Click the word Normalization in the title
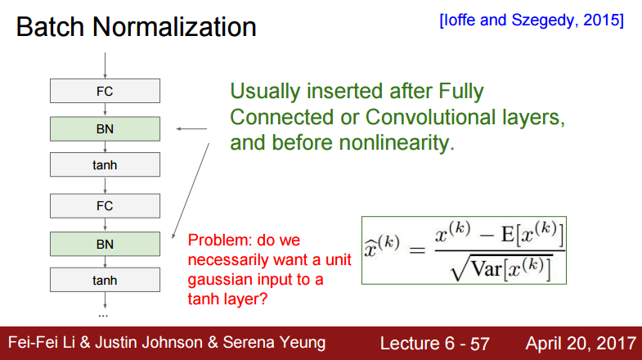(x=174, y=27)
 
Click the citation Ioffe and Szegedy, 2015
(x=532, y=20)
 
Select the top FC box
(x=105, y=91)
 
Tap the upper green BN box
(x=105, y=129)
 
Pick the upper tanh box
(x=105, y=164)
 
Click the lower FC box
(x=105, y=205)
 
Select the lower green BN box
(x=105, y=244)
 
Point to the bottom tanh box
(x=105, y=280)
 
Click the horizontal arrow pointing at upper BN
(x=191, y=129)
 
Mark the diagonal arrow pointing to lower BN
(x=191, y=191)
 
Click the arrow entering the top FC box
(x=106, y=65)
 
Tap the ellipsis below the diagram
(x=103, y=316)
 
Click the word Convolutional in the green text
(x=430, y=117)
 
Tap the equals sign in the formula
(x=417, y=250)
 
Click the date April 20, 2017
(x=581, y=343)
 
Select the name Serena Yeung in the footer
(x=274, y=343)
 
